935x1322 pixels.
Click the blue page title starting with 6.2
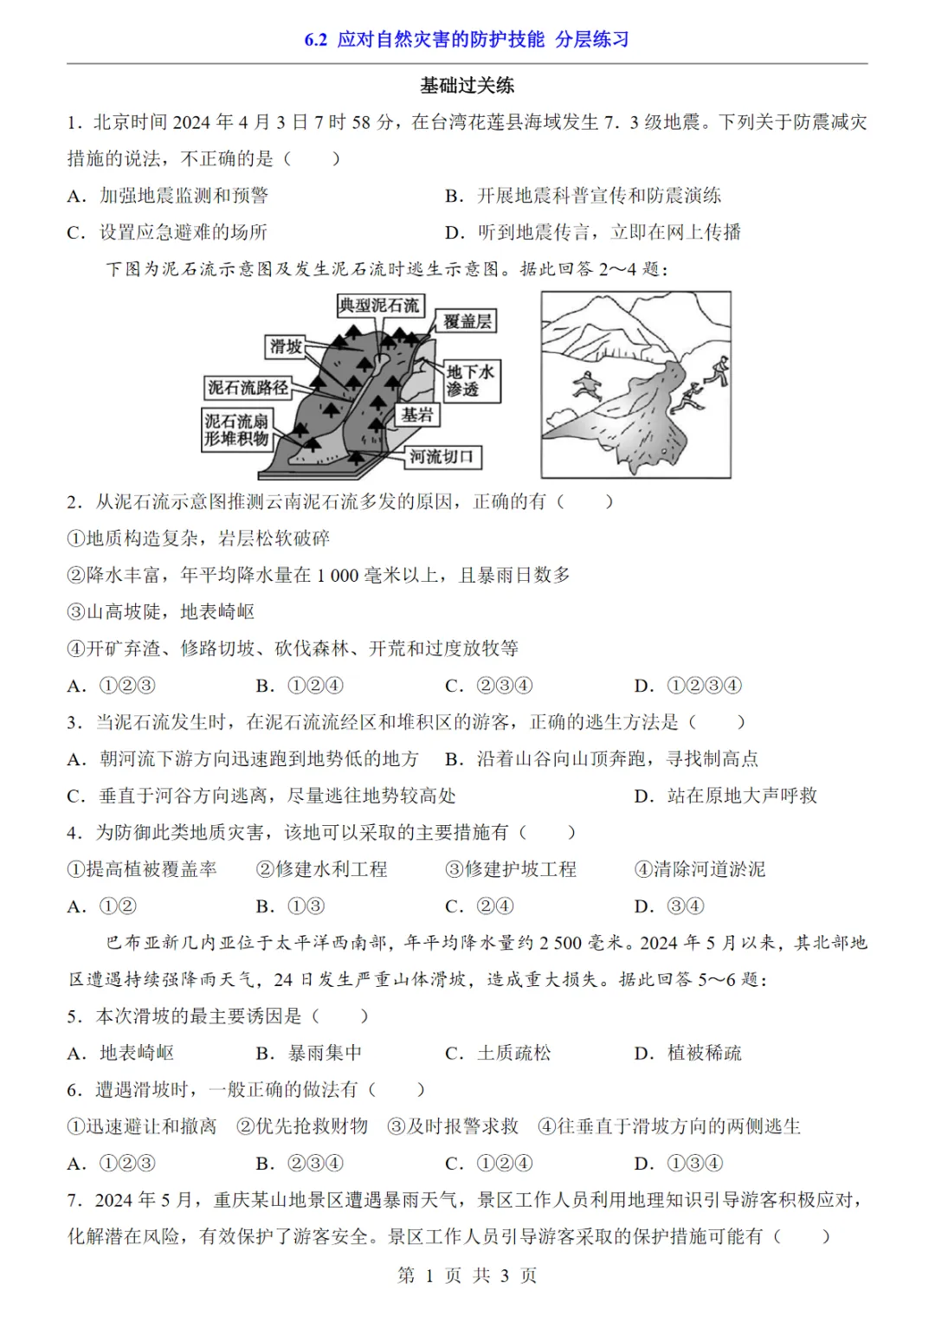[467, 39]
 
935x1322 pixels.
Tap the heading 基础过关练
[467, 85]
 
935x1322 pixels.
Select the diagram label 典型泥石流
[378, 305]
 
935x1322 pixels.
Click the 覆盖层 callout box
[467, 321]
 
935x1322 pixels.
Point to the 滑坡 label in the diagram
[286, 347]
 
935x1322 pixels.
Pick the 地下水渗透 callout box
[470, 381]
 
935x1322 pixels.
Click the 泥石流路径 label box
[248, 388]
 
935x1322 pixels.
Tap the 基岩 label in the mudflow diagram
[417, 415]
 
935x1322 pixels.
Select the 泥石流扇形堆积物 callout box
[236, 430]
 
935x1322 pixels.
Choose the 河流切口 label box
[442, 456]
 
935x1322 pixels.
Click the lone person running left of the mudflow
[588, 384]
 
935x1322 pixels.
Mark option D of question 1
[593, 232]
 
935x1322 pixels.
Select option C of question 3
[261, 796]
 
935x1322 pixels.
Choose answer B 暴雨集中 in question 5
[309, 1053]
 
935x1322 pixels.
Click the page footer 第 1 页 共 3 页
[467, 1275]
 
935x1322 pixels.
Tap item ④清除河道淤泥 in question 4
[700, 869]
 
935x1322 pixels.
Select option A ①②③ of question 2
[112, 686]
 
